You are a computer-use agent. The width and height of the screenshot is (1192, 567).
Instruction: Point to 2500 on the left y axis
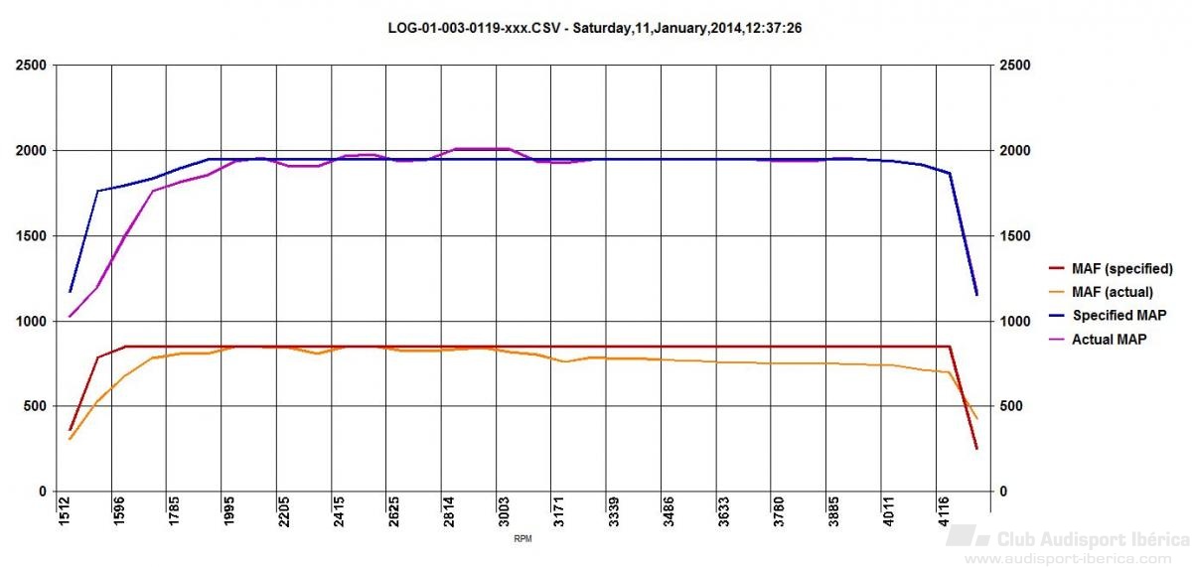click(30, 66)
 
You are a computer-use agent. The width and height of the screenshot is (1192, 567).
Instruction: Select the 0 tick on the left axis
click(43, 492)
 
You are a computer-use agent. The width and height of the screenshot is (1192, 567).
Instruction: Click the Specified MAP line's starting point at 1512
click(71, 291)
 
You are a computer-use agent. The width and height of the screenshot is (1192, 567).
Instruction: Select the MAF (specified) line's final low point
click(976, 449)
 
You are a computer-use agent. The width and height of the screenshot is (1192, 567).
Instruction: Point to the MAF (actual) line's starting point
click(71, 439)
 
